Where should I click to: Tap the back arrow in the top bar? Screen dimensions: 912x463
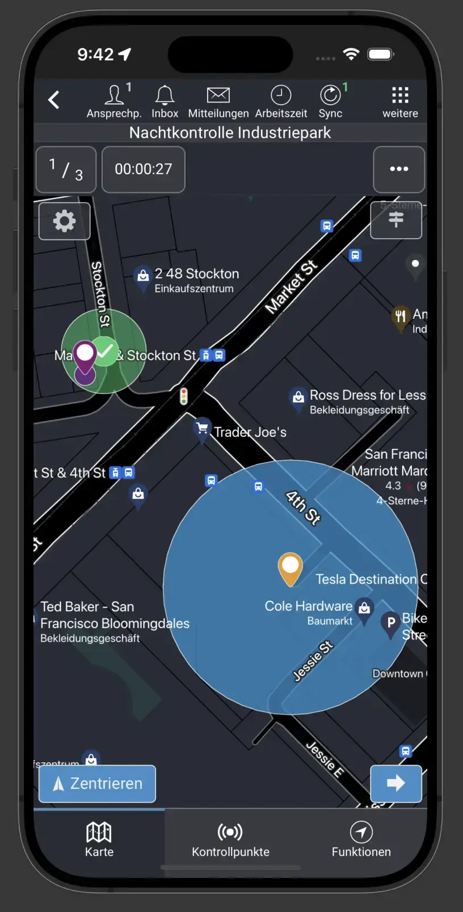54,100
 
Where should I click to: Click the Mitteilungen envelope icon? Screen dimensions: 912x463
218,95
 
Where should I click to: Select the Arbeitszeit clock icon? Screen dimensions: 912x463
281,95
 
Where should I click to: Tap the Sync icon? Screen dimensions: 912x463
330,95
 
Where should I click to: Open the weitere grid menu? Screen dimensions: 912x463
400,95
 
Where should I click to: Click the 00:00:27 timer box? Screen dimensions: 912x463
144,170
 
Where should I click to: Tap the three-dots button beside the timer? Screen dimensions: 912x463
399,170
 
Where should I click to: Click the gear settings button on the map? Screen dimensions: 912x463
65,221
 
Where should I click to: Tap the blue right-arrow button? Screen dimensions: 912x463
395,784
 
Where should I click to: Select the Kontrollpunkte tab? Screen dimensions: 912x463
230,840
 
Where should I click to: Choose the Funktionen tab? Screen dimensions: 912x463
361,840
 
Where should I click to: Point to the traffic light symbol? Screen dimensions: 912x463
184,396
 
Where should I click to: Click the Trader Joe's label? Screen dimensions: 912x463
250,432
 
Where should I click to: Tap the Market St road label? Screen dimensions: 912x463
291,288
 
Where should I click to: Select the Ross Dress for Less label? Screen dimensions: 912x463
367,395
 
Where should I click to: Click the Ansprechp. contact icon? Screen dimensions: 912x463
114,95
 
